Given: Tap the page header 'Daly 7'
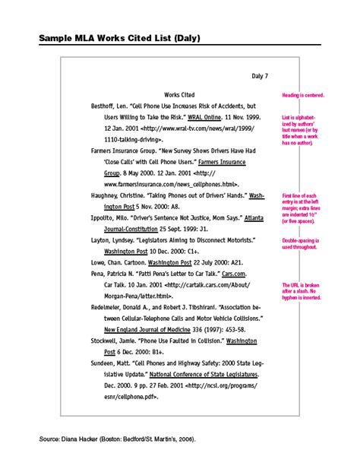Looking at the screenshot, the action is (x=261, y=75).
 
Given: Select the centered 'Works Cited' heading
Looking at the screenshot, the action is (x=179, y=95).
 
